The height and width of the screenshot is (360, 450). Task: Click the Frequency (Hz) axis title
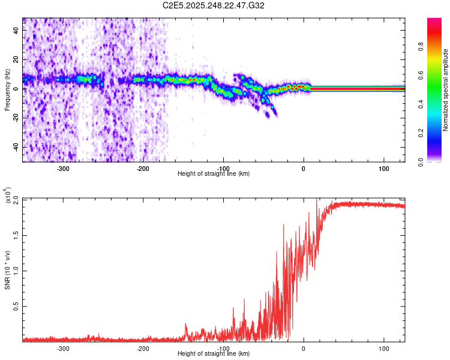coord(7,89)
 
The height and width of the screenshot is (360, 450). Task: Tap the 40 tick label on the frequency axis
coord(16,31)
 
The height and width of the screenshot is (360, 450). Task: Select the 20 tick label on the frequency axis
coord(16,60)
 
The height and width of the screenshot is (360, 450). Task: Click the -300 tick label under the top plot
coord(63,169)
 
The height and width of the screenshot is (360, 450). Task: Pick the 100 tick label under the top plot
coord(383,169)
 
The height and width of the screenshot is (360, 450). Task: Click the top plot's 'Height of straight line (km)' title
coord(214,174)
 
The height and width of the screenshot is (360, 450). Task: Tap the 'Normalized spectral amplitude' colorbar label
coord(446,90)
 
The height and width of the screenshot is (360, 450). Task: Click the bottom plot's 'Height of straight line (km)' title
coord(214,354)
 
